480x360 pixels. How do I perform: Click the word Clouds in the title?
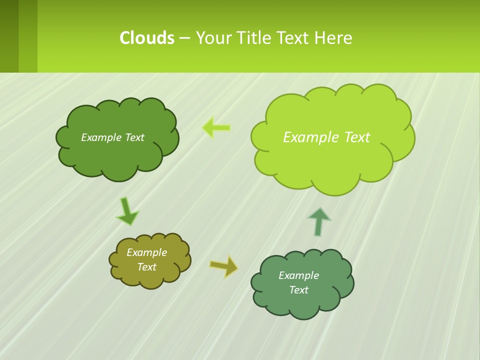[x=147, y=38]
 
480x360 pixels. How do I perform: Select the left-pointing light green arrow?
[x=216, y=127]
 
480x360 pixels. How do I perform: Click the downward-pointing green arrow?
[x=127, y=211]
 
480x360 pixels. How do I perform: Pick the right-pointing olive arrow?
[x=223, y=266]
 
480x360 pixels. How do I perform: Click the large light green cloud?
[x=332, y=160]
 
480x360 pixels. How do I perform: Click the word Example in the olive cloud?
[x=146, y=252]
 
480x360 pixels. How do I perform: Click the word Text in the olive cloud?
[x=146, y=267]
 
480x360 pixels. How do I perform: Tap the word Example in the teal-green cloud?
[x=298, y=275]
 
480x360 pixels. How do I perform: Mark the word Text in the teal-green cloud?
[x=298, y=290]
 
